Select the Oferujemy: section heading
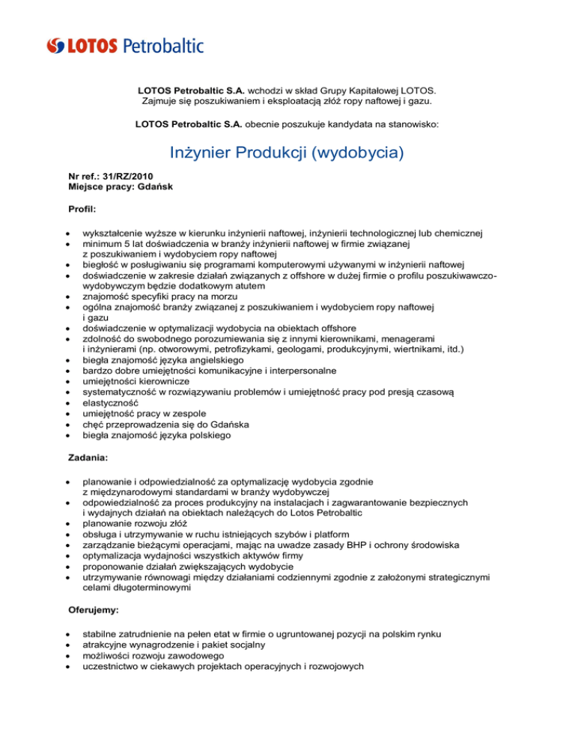[94, 610]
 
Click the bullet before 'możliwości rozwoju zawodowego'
[68, 656]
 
